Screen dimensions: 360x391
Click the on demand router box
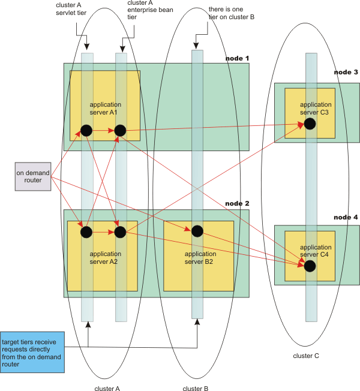(x=33, y=176)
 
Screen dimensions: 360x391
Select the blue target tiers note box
(x=32, y=352)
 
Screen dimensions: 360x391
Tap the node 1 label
(x=237, y=58)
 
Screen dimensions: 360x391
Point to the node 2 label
(x=237, y=203)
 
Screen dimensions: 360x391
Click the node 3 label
(x=346, y=72)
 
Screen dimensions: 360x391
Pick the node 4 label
(x=346, y=217)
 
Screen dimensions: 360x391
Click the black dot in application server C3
(x=310, y=124)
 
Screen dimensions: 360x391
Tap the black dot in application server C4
(x=310, y=266)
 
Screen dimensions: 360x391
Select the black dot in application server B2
(x=197, y=231)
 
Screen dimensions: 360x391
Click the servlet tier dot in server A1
(x=86, y=130)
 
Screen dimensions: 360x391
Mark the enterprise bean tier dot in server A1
(x=120, y=130)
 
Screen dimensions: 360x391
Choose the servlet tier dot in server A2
(x=86, y=232)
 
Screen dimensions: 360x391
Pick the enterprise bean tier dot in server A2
(x=120, y=232)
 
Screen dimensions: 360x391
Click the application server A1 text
(x=105, y=109)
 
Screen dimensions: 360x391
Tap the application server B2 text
(x=200, y=258)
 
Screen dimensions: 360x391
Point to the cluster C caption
(x=306, y=356)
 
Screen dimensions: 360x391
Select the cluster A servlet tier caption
(x=71, y=9)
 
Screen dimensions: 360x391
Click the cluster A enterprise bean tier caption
(x=150, y=10)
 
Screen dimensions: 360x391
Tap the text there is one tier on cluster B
(x=232, y=13)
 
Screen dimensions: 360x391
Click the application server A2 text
(x=105, y=258)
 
